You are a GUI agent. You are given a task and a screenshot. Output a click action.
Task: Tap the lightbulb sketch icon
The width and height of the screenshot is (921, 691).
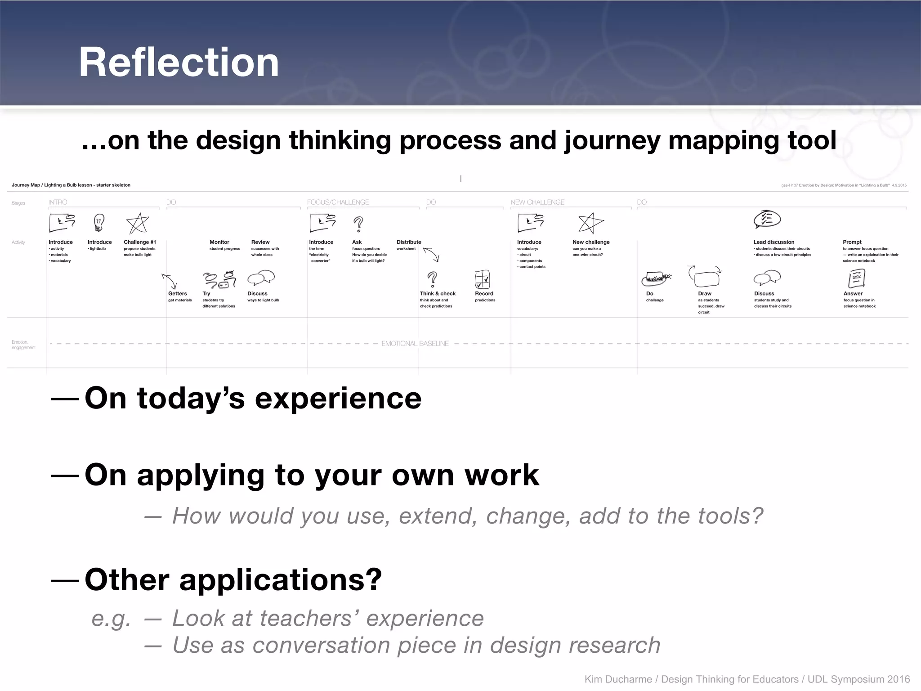point(99,222)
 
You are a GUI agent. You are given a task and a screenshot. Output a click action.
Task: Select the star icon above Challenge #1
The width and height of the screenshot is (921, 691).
point(137,224)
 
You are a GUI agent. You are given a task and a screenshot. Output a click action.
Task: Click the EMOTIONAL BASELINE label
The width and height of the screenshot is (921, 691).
point(415,343)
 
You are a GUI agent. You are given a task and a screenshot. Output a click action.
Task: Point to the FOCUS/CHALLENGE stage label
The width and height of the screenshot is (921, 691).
point(338,202)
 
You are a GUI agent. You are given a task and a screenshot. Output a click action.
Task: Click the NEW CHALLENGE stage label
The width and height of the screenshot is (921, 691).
point(537,202)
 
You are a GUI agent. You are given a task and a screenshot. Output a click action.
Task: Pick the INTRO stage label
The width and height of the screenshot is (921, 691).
point(58,202)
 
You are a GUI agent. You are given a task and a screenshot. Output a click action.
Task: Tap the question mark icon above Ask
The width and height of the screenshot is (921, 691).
point(358,224)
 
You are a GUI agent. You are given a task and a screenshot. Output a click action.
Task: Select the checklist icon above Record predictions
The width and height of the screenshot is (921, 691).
point(482,279)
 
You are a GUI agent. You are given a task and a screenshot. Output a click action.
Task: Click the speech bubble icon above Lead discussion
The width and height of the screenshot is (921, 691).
point(767,220)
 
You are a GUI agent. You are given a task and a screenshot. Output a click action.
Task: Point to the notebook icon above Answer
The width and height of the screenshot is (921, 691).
point(856,278)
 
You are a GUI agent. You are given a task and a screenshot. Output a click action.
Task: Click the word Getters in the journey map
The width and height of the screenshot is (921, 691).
point(178,293)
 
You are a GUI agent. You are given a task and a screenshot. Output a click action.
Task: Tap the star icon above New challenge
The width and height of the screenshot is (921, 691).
point(590,223)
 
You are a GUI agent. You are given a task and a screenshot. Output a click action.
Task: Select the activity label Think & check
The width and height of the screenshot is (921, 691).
point(438,293)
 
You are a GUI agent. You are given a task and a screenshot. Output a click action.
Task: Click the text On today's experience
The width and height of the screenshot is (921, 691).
point(253,398)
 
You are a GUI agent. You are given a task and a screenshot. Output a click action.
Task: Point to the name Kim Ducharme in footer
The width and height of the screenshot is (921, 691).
point(618,679)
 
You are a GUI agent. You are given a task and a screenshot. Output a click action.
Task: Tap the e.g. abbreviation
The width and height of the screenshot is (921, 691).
point(111,619)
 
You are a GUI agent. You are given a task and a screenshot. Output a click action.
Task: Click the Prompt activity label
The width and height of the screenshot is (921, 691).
point(852,242)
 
